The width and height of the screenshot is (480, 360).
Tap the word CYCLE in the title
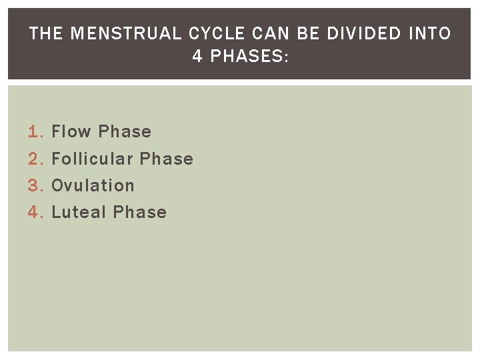[209, 33]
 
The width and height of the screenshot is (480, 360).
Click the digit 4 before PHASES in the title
[197, 57]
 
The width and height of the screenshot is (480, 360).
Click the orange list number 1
[35, 132]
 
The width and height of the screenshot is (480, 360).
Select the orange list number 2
[35, 159]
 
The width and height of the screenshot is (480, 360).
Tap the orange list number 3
[35, 185]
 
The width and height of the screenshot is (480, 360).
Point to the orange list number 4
[35, 212]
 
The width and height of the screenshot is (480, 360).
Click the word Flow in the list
[71, 132]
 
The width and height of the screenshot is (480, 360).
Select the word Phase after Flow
[125, 132]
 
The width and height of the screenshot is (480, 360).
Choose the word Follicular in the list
[93, 159]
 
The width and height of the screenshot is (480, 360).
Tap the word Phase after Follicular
[167, 159]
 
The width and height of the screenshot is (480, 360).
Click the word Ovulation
[93, 185]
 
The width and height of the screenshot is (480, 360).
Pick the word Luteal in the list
[79, 212]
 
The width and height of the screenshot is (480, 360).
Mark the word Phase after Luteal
[140, 212]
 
